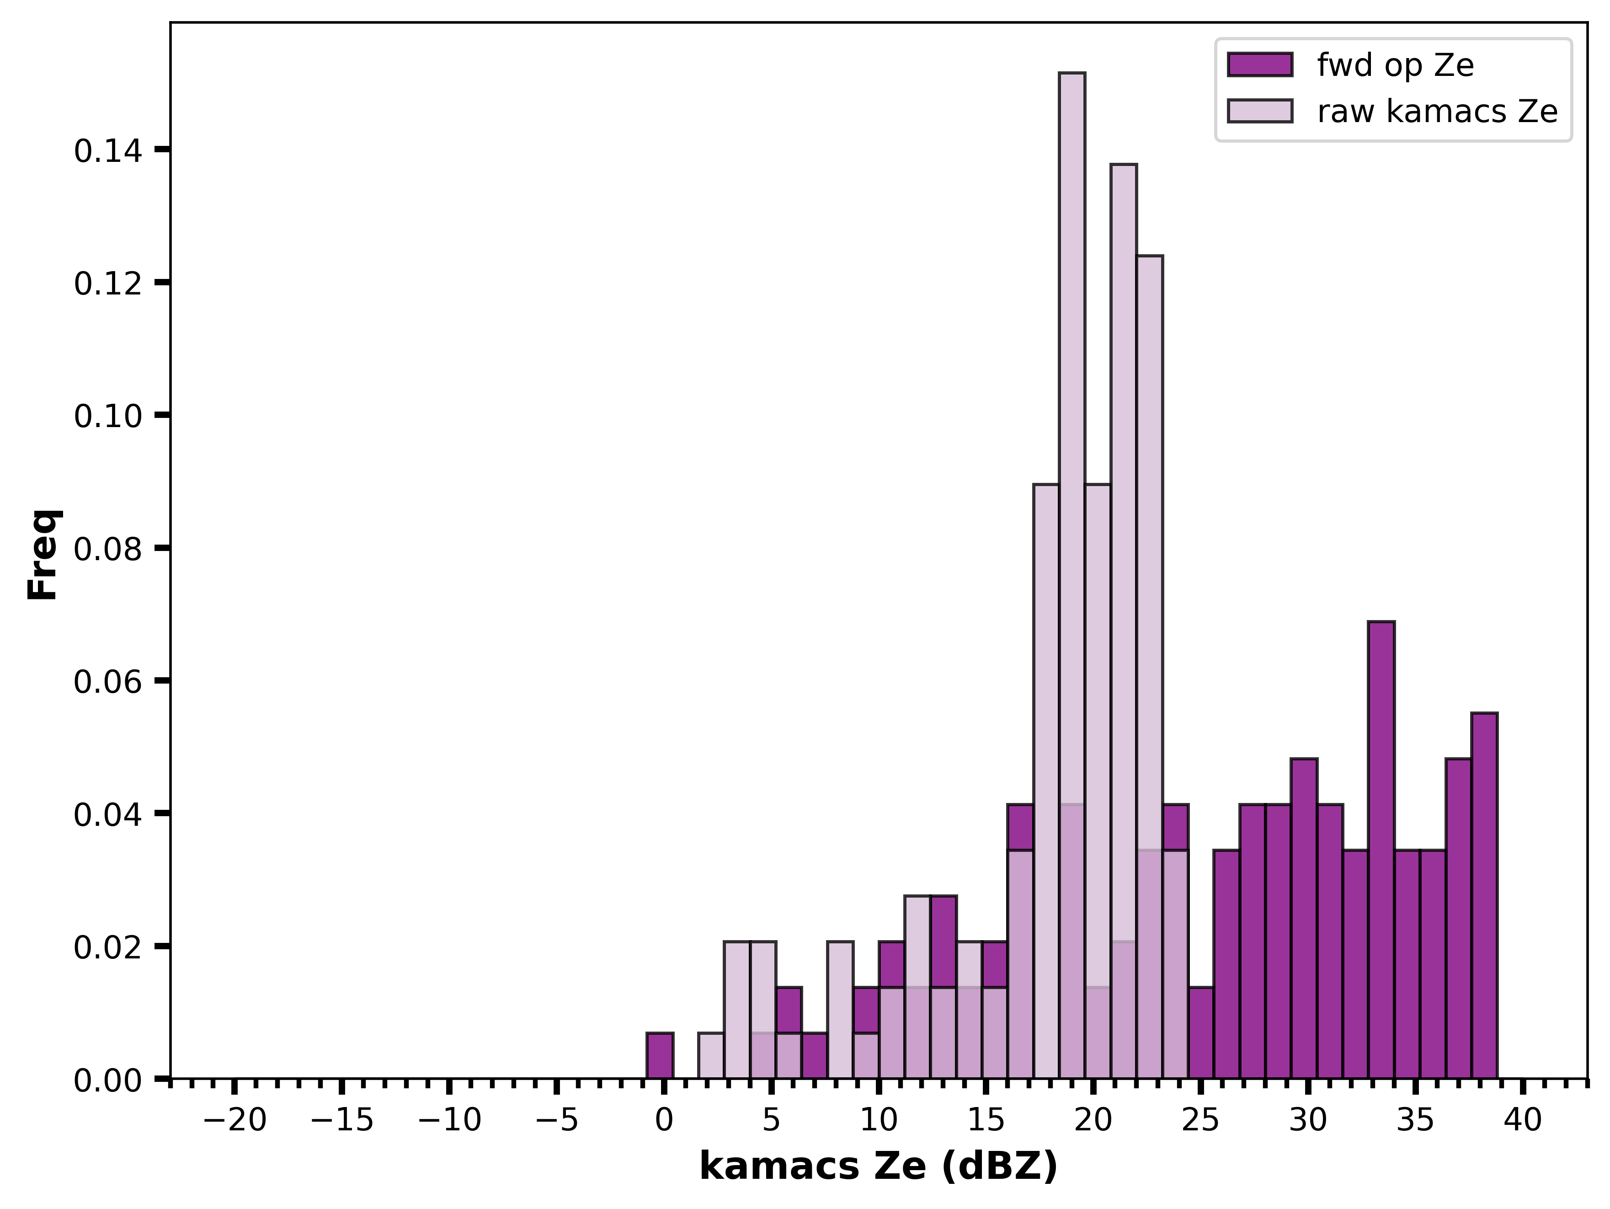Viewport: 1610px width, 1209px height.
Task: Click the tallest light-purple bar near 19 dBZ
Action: point(1072,575)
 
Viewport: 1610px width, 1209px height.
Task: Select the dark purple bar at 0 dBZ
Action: point(660,1055)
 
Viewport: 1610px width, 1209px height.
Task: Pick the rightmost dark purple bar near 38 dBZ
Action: point(1484,895)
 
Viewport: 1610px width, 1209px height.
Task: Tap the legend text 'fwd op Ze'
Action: point(1395,65)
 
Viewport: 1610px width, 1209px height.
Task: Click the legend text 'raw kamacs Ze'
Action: point(1438,112)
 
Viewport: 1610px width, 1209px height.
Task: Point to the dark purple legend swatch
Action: point(1260,65)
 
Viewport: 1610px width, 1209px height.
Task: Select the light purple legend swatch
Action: point(1260,111)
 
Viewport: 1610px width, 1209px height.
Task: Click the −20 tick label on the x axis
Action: point(235,1121)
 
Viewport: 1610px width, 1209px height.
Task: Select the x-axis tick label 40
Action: point(1524,1121)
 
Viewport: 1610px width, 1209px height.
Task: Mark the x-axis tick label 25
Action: point(1201,1121)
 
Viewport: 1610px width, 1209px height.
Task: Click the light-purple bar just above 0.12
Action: point(1149,667)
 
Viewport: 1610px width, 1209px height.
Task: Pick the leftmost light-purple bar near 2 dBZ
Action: point(711,1055)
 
